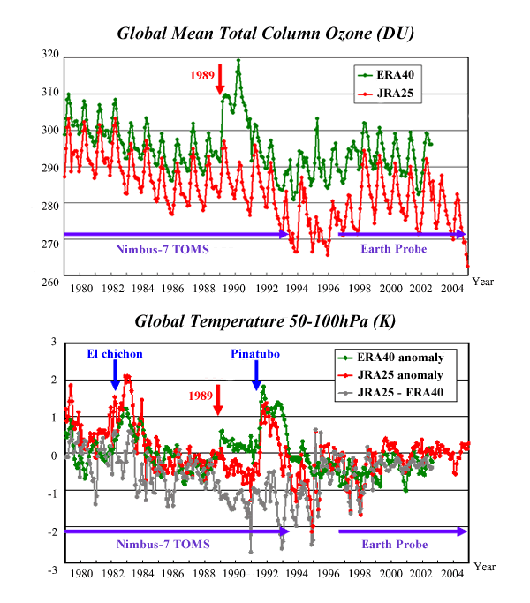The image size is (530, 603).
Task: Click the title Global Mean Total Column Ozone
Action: (266, 34)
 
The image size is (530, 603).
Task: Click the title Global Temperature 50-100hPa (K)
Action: (266, 320)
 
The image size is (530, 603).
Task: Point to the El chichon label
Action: (115, 354)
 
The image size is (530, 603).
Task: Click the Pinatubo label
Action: (255, 354)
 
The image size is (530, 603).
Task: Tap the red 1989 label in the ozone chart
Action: (202, 75)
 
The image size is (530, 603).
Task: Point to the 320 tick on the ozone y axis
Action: (49, 55)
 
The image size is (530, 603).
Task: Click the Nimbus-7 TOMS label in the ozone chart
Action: (163, 249)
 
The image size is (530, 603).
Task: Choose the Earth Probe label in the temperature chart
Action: (394, 545)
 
